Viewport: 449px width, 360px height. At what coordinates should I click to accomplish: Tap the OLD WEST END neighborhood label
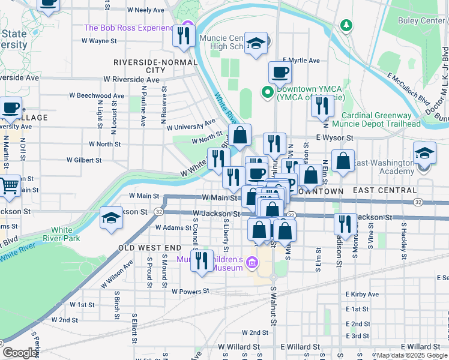pyautogui.click(x=149, y=248)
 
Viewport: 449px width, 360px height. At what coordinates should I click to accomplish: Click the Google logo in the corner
pyautogui.click(x=20, y=353)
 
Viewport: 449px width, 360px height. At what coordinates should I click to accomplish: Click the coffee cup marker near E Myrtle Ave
pyautogui.click(x=280, y=73)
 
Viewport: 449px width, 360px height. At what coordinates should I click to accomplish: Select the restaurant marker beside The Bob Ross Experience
pyautogui.click(x=184, y=35)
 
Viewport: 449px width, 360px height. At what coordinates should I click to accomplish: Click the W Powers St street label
pyautogui.click(x=190, y=291)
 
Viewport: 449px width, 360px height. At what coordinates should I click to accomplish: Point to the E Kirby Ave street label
pyautogui.click(x=362, y=295)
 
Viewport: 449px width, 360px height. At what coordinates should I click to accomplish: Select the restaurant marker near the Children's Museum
pyautogui.click(x=202, y=260)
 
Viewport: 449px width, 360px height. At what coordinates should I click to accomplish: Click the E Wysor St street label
pyautogui.click(x=334, y=137)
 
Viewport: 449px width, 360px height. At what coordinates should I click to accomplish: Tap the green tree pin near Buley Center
pyautogui.click(x=346, y=25)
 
